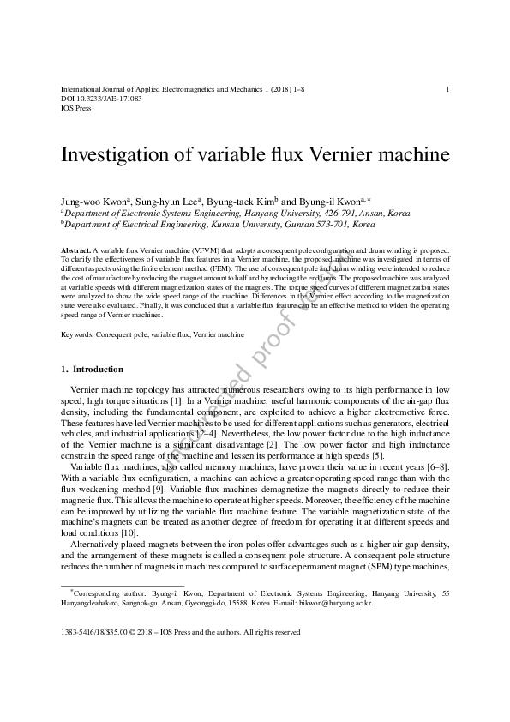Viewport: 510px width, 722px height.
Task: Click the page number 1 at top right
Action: [448, 89]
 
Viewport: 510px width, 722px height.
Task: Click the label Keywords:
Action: [77, 334]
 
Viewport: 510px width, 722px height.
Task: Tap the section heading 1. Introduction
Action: [93, 370]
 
